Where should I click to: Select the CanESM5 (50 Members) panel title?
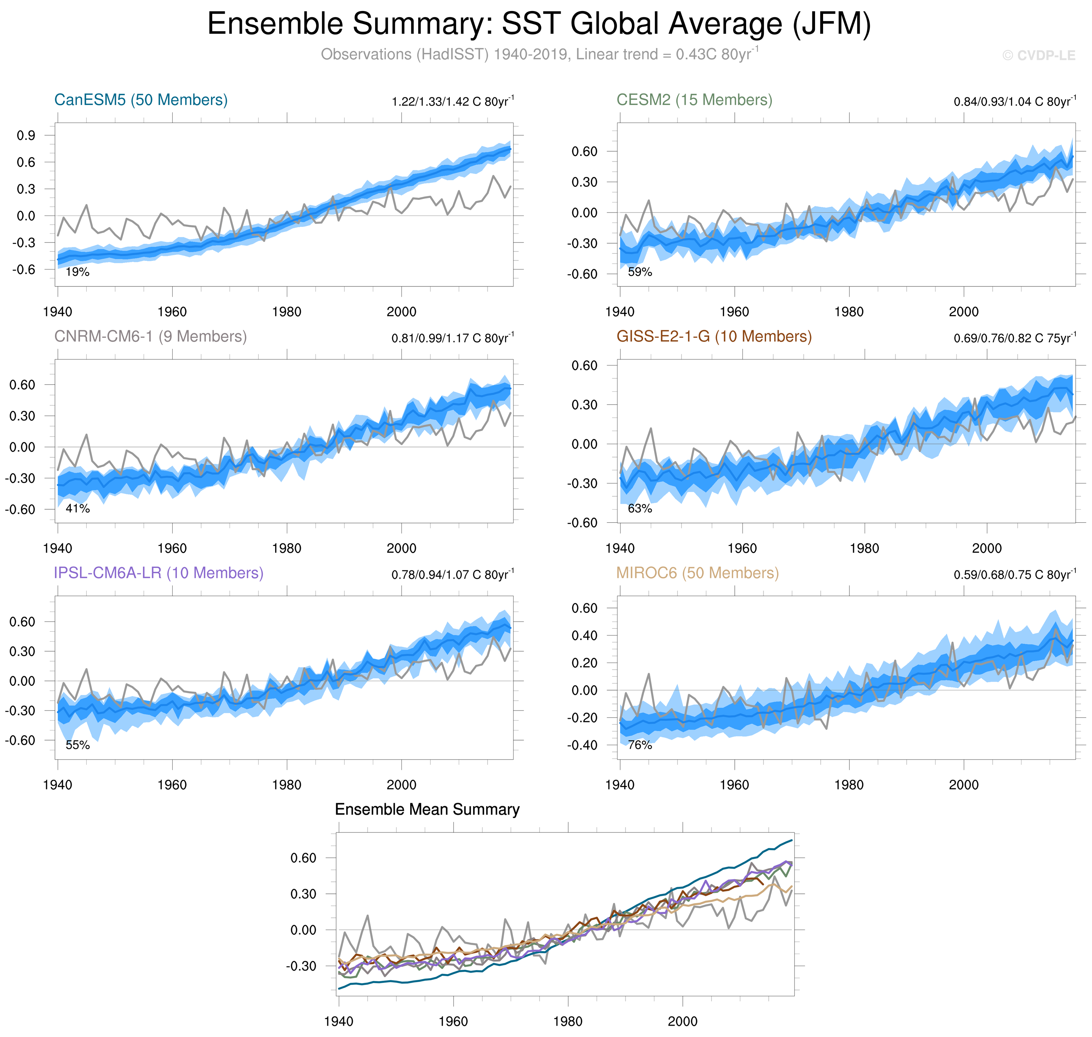pyautogui.click(x=140, y=100)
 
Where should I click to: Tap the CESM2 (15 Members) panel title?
pyautogui.click(x=694, y=100)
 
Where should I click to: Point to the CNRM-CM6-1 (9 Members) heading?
pyautogui.click(x=150, y=337)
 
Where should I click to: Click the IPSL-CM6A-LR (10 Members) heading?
pyautogui.click(x=158, y=573)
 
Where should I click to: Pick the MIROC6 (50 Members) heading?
pyautogui.click(x=697, y=573)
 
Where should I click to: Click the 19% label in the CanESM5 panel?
pyautogui.click(x=77, y=272)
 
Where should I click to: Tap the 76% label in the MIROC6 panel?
pyautogui.click(x=640, y=745)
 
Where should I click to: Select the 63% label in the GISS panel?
pyautogui.click(x=640, y=509)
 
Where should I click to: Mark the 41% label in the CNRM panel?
pyautogui.click(x=77, y=509)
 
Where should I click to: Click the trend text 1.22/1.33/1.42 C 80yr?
pyautogui.click(x=452, y=102)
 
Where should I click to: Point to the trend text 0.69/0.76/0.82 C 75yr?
pyautogui.click(x=1015, y=338)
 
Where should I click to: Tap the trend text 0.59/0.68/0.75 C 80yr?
pyautogui.click(x=1015, y=575)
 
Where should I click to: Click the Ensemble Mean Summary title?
pyautogui.click(x=427, y=810)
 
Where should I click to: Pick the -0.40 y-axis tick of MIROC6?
pyautogui.click(x=582, y=745)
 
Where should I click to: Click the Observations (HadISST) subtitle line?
pyautogui.click(x=539, y=55)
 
